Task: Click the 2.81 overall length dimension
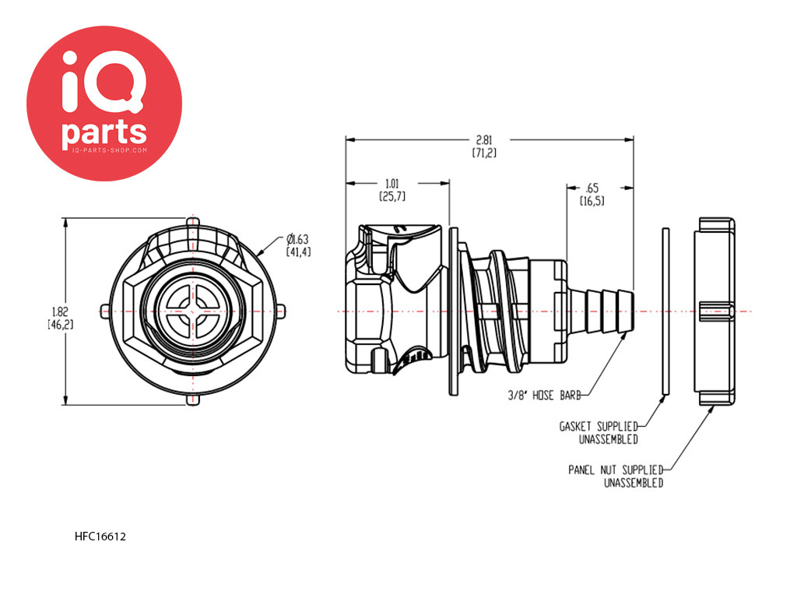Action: tap(484, 146)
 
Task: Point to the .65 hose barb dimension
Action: tap(592, 194)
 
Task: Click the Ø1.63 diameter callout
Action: tap(298, 245)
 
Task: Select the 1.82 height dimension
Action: tap(60, 318)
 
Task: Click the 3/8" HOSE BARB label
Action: tap(544, 395)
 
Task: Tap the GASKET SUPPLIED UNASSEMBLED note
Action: tap(599, 433)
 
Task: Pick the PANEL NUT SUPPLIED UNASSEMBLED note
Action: tap(616, 476)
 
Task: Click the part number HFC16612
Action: tap(100, 536)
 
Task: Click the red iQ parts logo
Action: tap(104, 104)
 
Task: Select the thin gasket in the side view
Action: tap(665, 311)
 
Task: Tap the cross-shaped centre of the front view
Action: tap(193, 311)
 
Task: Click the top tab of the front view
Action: tap(193, 223)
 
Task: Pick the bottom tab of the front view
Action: tap(193, 399)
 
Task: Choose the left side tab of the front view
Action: tap(105, 311)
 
